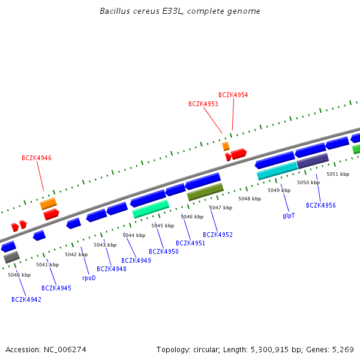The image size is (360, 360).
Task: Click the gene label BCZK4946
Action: tap(37, 158)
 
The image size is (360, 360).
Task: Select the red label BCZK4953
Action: tap(203, 104)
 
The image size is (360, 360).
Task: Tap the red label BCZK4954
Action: tap(233, 95)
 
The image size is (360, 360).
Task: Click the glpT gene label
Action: tap(289, 215)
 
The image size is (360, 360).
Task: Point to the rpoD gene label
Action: tap(89, 278)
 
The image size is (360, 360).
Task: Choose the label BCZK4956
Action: tap(321, 206)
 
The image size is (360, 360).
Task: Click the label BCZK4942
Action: tap(26, 299)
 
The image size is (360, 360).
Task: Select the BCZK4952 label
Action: tap(218, 235)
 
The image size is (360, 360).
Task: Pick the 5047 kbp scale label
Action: tap(220, 208)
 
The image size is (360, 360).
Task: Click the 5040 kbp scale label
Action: tap(19, 275)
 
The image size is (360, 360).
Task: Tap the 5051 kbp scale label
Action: tap(337, 174)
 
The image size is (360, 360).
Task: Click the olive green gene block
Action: tap(205, 192)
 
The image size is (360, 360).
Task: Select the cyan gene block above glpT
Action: tap(277, 171)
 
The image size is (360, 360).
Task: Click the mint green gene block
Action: tap(151, 209)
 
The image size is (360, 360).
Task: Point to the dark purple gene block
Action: tap(313, 161)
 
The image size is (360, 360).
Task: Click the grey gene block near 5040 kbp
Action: tap(11, 257)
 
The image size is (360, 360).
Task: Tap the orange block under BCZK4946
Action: tap(49, 203)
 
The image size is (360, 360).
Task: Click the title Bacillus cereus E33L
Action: tap(180, 11)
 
